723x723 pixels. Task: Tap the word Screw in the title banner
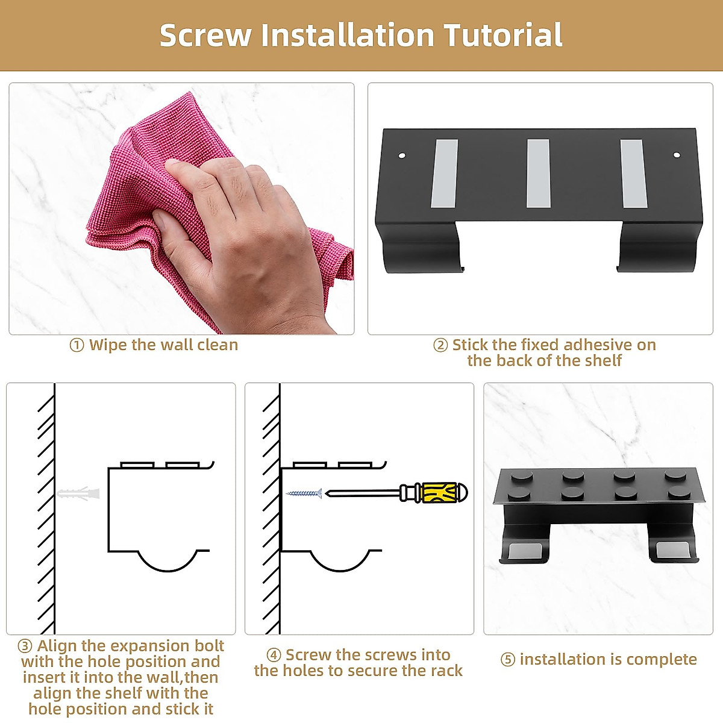tap(205, 36)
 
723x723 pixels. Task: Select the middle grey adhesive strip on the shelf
tap(538, 174)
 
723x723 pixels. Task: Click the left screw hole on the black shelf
tap(402, 155)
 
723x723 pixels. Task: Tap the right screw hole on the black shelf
tap(677, 155)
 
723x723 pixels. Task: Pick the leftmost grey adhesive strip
tap(445, 174)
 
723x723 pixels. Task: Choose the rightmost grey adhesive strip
tap(633, 174)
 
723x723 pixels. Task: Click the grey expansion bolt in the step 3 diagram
tap(78, 493)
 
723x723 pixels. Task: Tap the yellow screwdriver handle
tap(444, 493)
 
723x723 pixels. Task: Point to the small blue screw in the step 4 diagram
tap(304, 493)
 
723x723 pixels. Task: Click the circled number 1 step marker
tap(77, 345)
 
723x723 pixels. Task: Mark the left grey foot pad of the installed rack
tap(522, 551)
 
